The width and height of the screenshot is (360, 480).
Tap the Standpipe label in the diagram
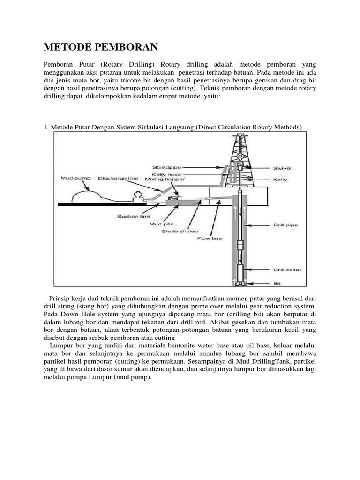(x=167, y=167)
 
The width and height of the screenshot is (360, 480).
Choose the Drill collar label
(x=286, y=270)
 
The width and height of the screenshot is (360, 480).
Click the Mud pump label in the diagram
(x=75, y=178)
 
